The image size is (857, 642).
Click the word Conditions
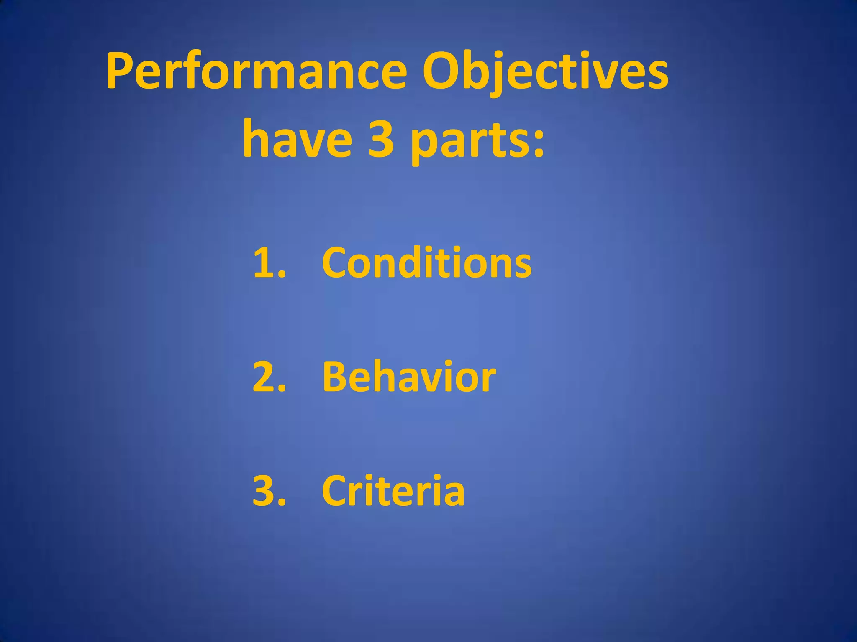[x=427, y=262]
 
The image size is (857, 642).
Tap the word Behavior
[x=409, y=377]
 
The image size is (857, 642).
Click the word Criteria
[x=393, y=491]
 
